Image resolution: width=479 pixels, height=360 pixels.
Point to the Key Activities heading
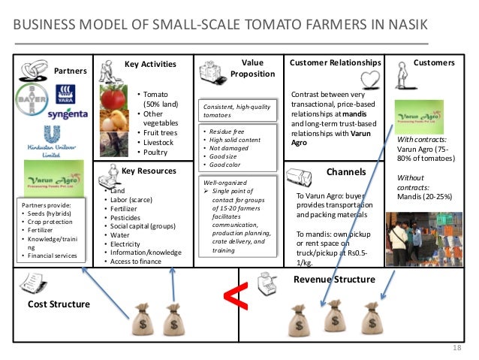click(150, 64)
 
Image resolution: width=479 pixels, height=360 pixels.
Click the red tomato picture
click(113, 98)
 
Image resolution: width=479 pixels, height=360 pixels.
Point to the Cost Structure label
click(59, 304)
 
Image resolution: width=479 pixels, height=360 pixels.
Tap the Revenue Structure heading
click(333, 280)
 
